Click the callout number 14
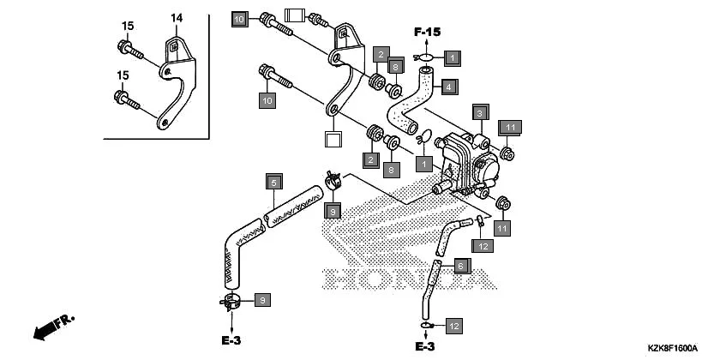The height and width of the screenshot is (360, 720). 177,17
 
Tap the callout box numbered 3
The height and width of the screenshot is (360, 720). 480,113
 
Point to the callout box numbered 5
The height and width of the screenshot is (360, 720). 273,183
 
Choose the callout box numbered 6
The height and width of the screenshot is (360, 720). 459,266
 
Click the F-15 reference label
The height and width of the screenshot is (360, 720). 427,32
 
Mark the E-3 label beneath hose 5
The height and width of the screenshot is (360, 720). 231,340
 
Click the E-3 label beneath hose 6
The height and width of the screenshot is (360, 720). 426,346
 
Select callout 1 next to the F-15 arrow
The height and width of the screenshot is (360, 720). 453,57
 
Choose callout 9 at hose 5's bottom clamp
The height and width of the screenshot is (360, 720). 263,299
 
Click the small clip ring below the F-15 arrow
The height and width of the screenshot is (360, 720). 426,57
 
